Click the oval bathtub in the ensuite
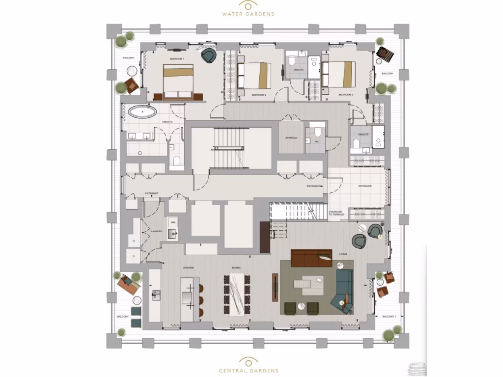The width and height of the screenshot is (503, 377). (x=143, y=112)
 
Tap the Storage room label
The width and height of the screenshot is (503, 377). (x=291, y=138)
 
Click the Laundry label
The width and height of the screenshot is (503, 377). (x=157, y=231)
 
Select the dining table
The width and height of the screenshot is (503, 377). (x=237, y=294)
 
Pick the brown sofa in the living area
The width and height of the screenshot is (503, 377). (x=312, y=258)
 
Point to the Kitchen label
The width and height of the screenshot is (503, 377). (x=189, y=268)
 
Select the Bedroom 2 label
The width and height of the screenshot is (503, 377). (x=259, y=95)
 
